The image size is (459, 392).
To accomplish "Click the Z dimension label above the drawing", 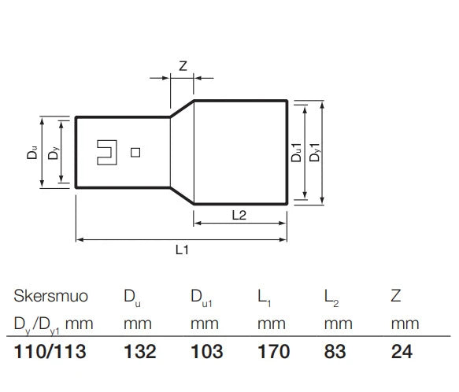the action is point(183,66).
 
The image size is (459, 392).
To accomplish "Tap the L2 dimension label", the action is point(239,215).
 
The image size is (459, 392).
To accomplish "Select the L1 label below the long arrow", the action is point(182,250).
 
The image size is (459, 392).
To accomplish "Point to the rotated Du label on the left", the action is point(32,152).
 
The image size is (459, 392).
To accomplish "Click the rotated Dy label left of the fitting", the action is point(54,153).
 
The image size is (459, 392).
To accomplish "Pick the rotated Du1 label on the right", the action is point(296,153).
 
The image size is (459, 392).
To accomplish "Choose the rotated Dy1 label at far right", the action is point(315,152).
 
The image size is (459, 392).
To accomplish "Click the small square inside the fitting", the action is point(135,153).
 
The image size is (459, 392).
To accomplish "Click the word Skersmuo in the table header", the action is point(51,296).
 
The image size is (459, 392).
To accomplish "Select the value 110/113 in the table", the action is point(50,351).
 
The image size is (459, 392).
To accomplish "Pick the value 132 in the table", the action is point(140,351).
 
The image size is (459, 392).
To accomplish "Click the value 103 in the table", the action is point(206,351).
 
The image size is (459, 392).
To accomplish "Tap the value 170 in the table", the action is point(274,351).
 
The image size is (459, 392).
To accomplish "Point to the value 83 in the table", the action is point(335,351).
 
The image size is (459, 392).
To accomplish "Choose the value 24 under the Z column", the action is point(402,351).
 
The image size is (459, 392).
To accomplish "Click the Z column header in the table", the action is point(396,296).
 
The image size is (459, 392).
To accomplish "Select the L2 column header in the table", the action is point(331,298).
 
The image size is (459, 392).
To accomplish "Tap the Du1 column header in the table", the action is point(202,298).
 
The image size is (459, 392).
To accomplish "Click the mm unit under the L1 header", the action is point(272,324).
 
